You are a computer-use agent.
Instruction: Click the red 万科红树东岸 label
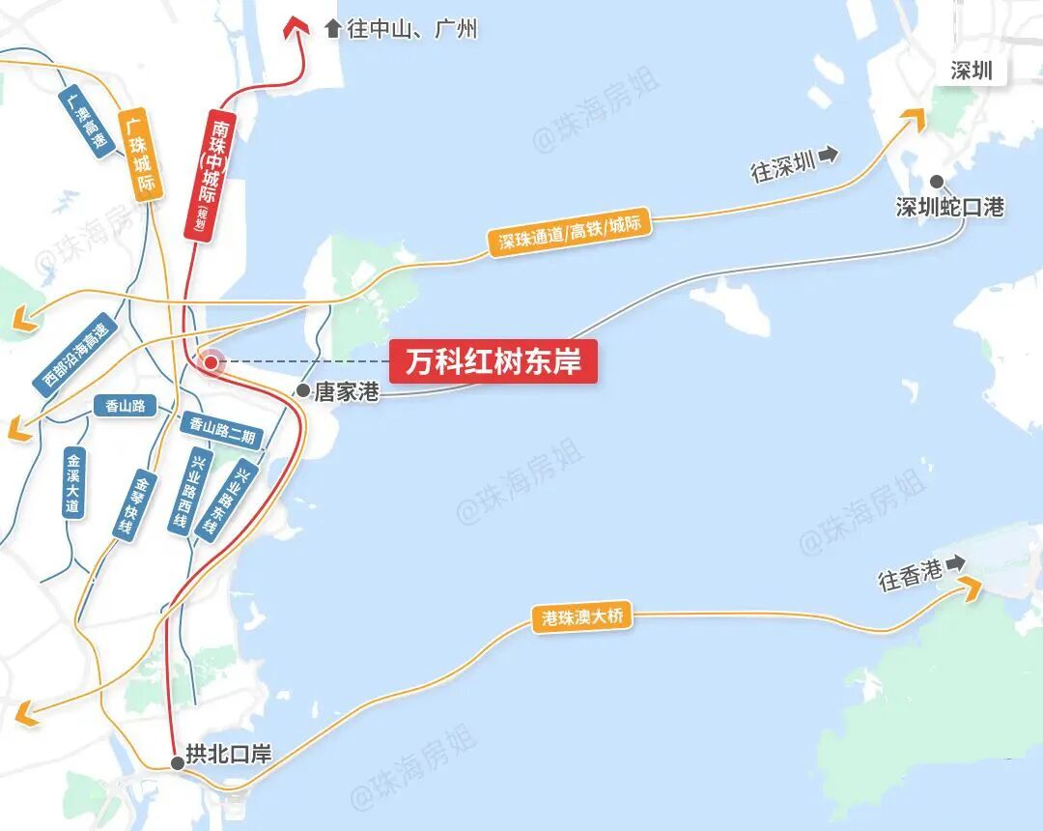tap(493, 361)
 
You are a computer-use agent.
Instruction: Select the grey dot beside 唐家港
tap(303, 391)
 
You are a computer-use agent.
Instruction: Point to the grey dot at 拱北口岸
tap(178, 763)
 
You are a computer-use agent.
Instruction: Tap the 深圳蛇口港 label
tap(950, 207)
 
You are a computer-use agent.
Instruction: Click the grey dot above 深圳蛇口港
tap(937, 182)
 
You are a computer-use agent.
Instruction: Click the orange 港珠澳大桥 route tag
tap(583, 617)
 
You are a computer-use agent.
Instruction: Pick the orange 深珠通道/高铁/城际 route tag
tap(570, 234)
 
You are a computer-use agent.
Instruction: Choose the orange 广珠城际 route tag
tap(139, 155)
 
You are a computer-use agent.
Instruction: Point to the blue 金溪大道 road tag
tap(74, 482)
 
